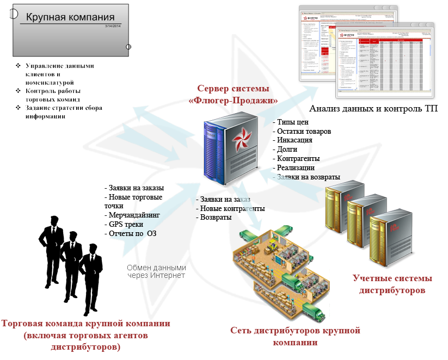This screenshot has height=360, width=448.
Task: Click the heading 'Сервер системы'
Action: pyautogui.click(x=232, y=89)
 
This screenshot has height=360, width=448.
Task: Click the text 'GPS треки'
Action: pyautogui.click(x=123, y=224)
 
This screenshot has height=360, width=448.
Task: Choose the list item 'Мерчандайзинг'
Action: pyautogui.click(x=132, y=215)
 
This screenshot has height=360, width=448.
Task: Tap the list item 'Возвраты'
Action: pyautogui.click(x=214, y=218)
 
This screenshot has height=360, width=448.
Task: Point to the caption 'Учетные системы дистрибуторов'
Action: pyautogui.click(x=392, y=284)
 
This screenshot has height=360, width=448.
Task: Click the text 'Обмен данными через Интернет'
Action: pyautogui.click(x=156, y=271)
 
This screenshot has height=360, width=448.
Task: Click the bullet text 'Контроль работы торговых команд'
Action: pyautogui.click(x=53, y=95)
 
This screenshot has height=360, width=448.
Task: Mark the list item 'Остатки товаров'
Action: pyautogui.click(x=303, y=131)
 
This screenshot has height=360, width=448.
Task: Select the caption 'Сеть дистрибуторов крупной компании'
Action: pyautogui.click(x=295, y=336)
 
